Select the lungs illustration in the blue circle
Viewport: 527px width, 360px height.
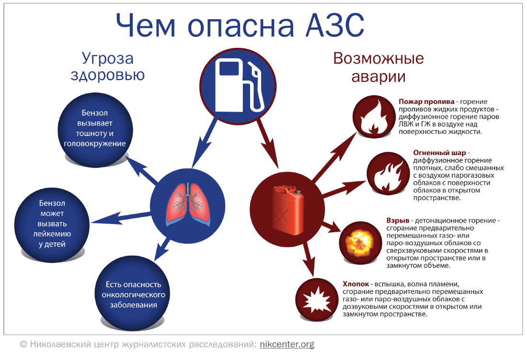coord(188,203)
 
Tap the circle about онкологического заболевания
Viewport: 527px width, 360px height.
coord(133,294)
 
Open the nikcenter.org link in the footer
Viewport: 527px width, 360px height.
coord(286,344)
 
